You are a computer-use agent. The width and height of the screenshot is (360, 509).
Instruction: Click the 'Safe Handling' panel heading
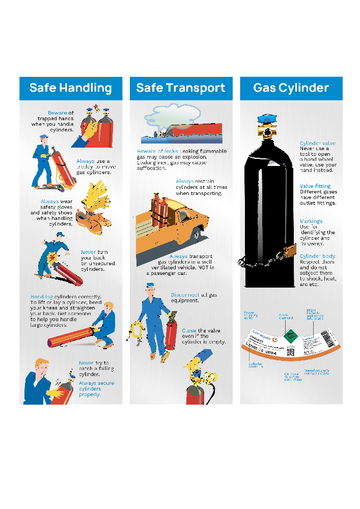coord(71,88)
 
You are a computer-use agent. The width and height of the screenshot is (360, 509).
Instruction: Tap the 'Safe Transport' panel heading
coord(181,88)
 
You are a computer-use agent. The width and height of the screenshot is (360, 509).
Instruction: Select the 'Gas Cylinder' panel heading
coord(291,88)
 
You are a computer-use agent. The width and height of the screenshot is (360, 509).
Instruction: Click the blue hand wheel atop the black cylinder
coord(266,119)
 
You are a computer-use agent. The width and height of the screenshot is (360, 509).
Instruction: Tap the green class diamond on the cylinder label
coord(288,336)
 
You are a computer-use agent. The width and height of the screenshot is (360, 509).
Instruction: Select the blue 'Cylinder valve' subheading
coord(317,144)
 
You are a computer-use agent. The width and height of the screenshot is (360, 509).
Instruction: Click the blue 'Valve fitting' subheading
coord(315,186)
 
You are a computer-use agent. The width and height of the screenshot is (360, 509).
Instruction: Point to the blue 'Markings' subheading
coord(311,221)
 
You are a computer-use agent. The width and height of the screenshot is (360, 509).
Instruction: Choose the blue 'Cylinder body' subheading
coord(317,256)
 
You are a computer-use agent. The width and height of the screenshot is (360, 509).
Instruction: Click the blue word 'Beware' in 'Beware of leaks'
coord(146,151)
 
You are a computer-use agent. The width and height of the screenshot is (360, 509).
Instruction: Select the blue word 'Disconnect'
coord(185,295)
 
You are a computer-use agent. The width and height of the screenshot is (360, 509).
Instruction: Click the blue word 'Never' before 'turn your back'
coord(88,252)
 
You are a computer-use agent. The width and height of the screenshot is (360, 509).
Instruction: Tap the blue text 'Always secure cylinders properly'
coord(96,389)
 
